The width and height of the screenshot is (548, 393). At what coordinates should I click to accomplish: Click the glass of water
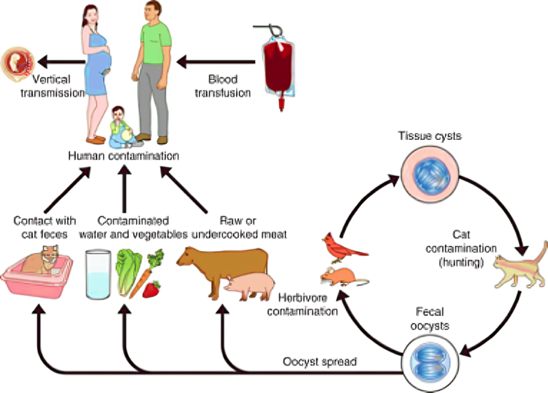pyautogui.click(x=98, y=274)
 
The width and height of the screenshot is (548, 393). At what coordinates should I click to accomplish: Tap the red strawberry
pyautogui.click(x=151, y=289)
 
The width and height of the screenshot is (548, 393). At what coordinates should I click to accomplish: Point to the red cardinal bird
pyautogui.click(x=344, y=248)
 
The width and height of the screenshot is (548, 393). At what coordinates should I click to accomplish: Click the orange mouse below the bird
pyautogui.click(x=344, y=276)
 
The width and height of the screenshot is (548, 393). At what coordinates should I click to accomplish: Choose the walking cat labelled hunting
pyautogui.click(x=521, y=266)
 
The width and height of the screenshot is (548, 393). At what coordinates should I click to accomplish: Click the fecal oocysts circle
pyautogui.click(x=430, y=363)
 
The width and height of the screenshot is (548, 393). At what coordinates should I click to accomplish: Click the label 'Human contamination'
pyautogui.click(x=123, y=156)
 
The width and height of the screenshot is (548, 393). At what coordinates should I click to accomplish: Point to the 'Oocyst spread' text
pyautogui.click(x=320, y=361)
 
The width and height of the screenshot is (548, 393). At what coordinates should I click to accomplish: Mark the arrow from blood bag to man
pyautogui.click(x=215, y=62)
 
